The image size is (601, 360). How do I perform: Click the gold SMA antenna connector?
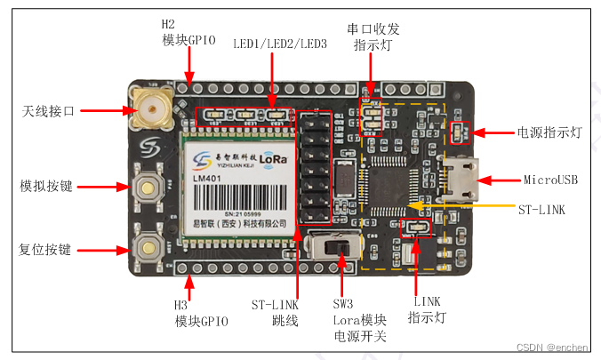coord(149,110)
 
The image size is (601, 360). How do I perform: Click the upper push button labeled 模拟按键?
coord(148,187)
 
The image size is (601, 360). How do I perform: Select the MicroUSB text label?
coord(550,180)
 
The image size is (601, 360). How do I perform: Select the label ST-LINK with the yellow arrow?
coord(542,209)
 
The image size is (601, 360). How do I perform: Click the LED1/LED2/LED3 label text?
coord(280,44)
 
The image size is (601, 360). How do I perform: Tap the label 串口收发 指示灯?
coord(372,37)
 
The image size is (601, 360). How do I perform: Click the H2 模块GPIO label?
coord(188,32)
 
